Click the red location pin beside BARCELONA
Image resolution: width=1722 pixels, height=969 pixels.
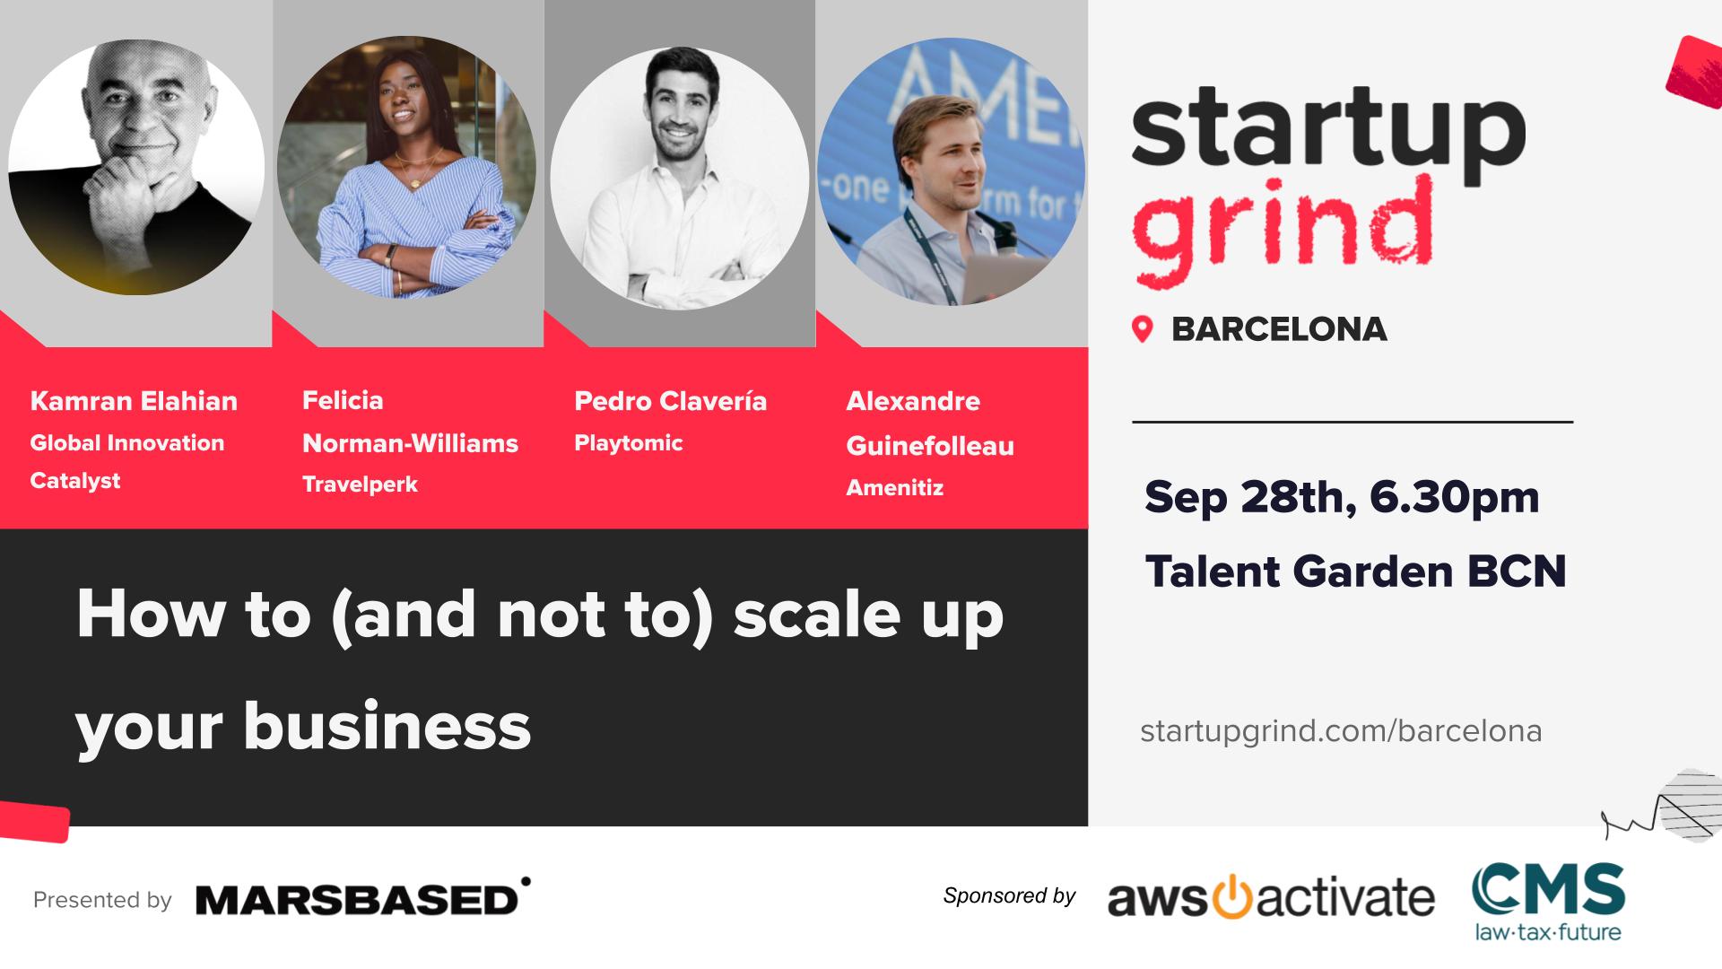[x=1142, y=329]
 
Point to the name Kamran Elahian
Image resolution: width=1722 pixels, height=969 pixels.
[x=134, y=400]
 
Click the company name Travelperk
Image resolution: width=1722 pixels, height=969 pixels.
[x=360, y=484]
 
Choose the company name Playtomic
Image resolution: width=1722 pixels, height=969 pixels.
[x=629, y=443]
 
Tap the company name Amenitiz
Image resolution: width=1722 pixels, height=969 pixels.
[x=895, y=488]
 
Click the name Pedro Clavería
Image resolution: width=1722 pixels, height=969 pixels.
[x=671, y=400]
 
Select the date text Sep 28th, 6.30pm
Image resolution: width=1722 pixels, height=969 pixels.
[x=1342, y=497]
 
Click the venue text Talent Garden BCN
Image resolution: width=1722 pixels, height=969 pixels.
[x=1356, y=572]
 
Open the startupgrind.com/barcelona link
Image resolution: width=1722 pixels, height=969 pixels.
[x=1341, y=732]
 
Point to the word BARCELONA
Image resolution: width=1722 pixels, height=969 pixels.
[x=1279, y=329]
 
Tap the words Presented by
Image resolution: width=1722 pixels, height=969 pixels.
[x=102, y=900]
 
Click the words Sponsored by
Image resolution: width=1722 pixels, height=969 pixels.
[x=1009, y=895]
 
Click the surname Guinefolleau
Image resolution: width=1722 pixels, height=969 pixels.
[x=930, y=446]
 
